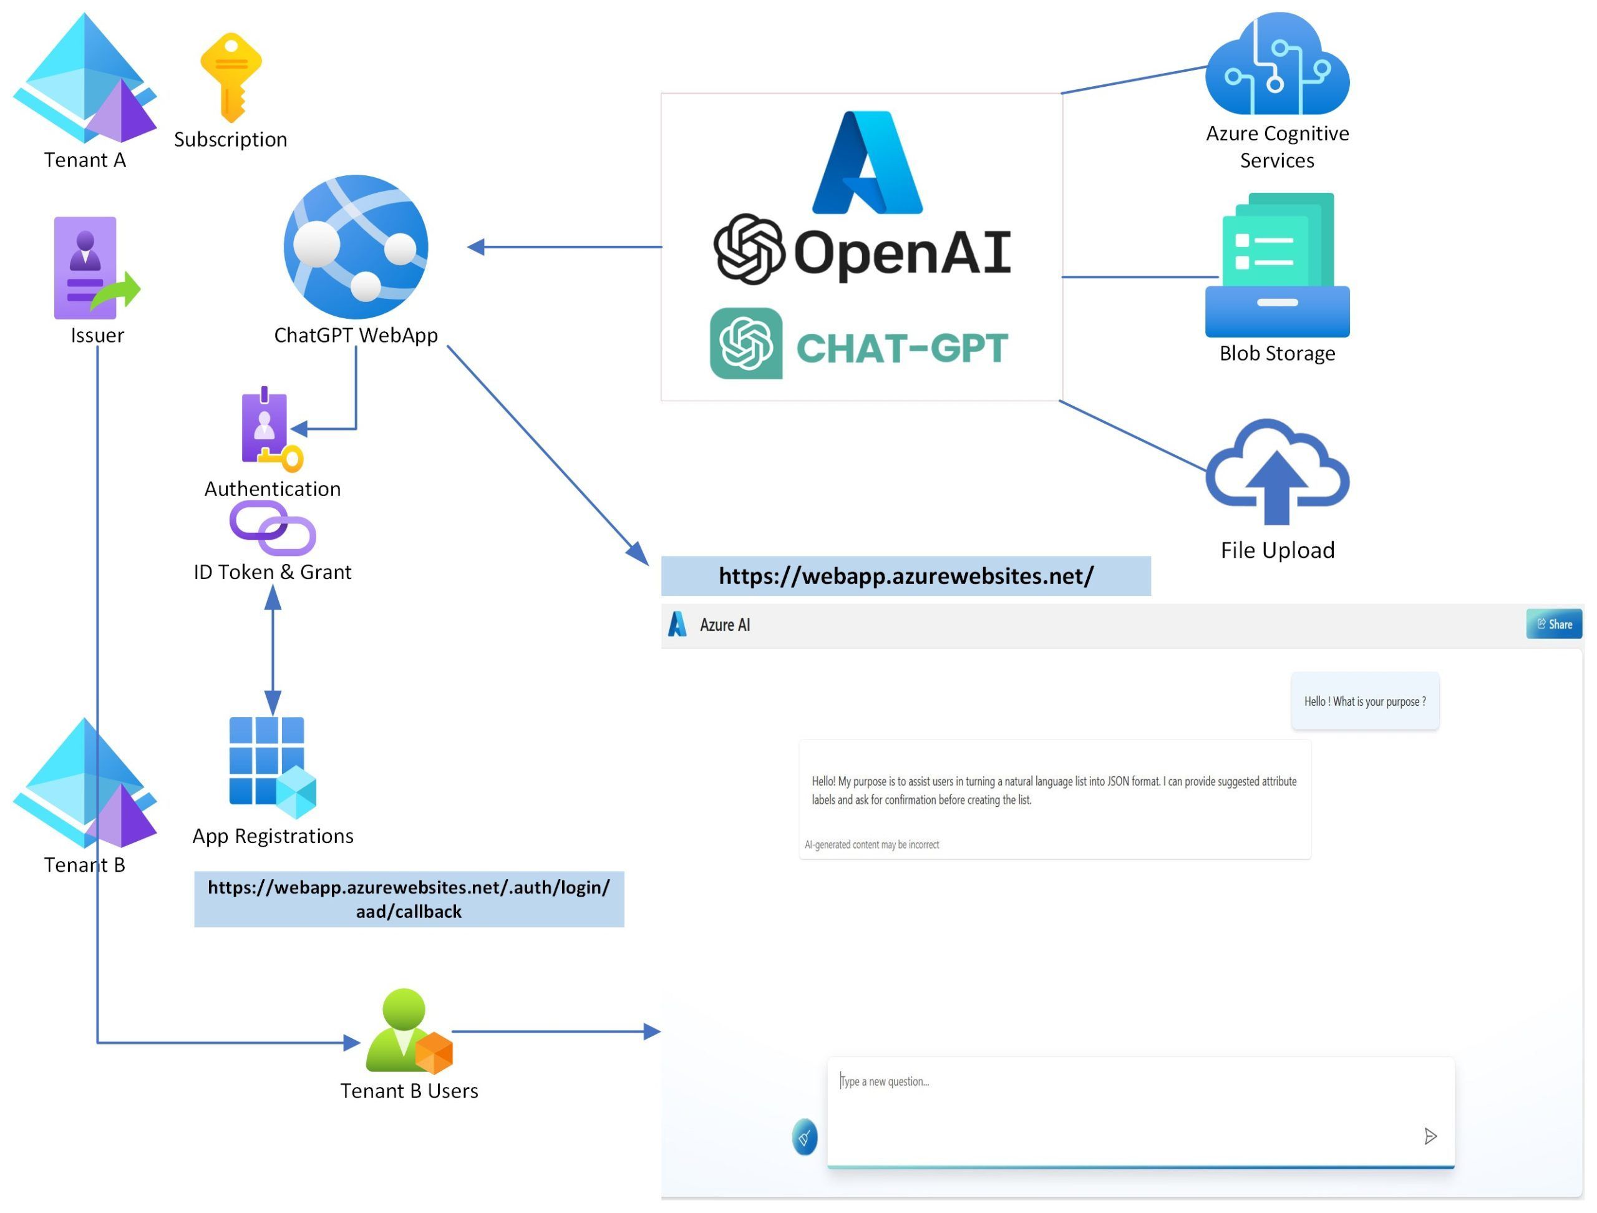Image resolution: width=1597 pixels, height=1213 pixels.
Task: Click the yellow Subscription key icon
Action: pyautogui.click(x=230, y=77)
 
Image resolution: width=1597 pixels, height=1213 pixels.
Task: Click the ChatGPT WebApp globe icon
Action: pyautogui.click(x=356, y=247)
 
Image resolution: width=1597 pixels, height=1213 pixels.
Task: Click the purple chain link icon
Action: pyautogui.click(x=272, y=528)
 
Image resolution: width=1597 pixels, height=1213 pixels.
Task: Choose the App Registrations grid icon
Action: pyautogui.click(x=271, y=766)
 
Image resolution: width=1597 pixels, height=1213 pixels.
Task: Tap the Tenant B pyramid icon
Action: pyautogui.click(x=84, y=784)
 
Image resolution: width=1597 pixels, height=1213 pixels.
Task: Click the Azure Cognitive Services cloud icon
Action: pyautogui.click(x=1276, y=65)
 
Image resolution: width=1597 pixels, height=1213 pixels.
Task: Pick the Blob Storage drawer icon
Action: pyautogui.click(x=1276, y=265)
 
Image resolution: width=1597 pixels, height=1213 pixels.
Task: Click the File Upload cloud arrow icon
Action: pyautogui.click(x=1276, y=473)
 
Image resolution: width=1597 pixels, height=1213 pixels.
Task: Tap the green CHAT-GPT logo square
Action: pyautogui.click(x=746, y=344)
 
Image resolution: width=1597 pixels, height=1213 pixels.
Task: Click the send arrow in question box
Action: pyautogui.click(x=1430, y=1136)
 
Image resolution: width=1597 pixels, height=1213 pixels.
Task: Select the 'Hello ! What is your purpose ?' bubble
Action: pyautogui.click(x=1364, y=701)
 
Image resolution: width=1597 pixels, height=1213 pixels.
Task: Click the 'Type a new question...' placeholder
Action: pyautogui.click(x=885, y=1081)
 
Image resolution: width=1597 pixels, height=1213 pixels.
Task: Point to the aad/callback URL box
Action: pyautogui.click(x=409, y=899)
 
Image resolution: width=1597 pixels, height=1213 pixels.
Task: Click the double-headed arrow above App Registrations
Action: pyautogui.click(x=272, y=650)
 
